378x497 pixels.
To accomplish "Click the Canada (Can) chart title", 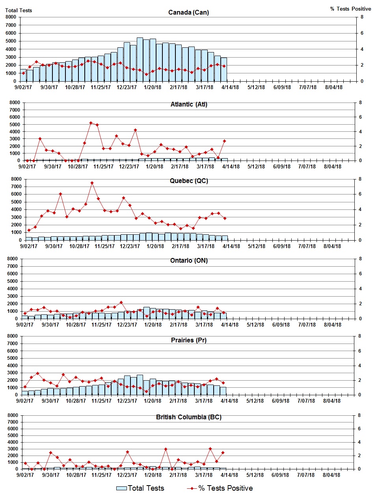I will (x=188, y=12).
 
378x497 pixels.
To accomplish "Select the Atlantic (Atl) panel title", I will (x=189, y=104).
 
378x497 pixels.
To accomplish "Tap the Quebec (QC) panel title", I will (x=189, y=181).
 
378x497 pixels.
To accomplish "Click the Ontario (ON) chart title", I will (x=189, y=260).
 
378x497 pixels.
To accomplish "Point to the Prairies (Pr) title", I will (x=188, y=340).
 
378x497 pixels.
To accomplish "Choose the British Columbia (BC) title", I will (x=188, y=417).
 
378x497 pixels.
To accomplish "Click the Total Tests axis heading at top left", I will (x=19, y=10).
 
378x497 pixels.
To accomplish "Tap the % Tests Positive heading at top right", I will (x=350, y=9).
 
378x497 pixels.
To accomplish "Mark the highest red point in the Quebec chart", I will (x=92, y=183).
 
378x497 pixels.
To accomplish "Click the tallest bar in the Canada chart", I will (x=140, y=59).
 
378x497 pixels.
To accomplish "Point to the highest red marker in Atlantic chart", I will (x=91, y=123).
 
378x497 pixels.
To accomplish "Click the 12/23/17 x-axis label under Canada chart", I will (x=127, y=87).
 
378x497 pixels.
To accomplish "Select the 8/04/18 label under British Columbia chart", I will (x=331, y=475).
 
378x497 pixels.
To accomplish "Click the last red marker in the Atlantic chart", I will (x=224, y=141).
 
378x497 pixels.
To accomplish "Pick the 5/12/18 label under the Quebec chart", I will (x=257, y=246).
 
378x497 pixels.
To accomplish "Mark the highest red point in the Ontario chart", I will (x=121, y=303).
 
